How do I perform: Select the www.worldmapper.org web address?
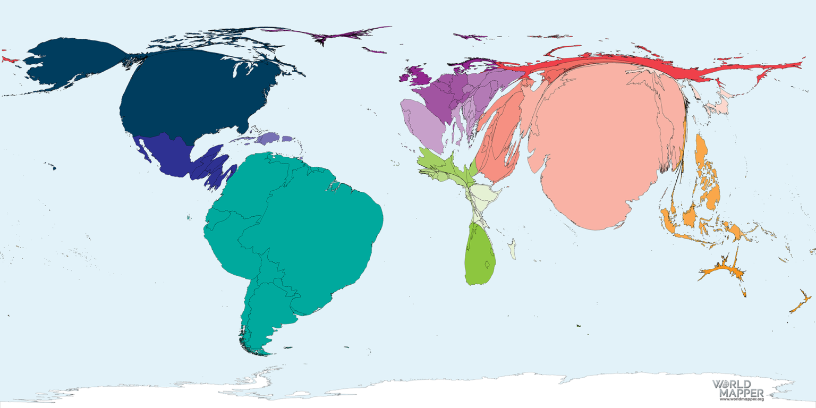click(x=742, y=399)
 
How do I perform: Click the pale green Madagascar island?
click(x=512, y=249)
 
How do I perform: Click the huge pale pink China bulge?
click(x=606, y=143)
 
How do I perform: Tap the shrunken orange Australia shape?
click(x=722, y=272)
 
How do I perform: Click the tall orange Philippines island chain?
click(x=707, y=170)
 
